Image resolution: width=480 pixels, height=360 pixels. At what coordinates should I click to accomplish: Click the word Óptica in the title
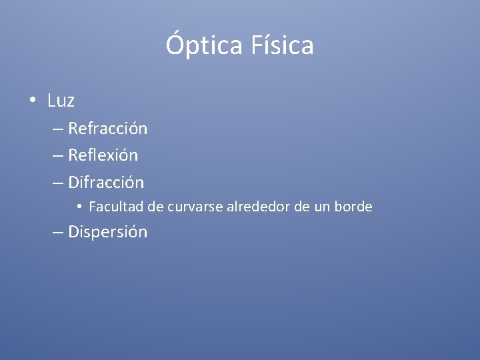205,46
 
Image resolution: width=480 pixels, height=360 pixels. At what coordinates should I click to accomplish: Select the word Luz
61,101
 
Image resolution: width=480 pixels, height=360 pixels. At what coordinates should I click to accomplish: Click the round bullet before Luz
32,101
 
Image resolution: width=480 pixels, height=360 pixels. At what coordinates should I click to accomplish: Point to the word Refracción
108,128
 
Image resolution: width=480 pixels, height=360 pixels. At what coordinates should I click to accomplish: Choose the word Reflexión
103,155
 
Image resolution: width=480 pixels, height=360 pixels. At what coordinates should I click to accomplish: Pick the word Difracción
106,182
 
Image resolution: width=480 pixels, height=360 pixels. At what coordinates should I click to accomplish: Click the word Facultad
116,207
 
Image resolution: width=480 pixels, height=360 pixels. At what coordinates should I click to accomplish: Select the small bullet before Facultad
79,207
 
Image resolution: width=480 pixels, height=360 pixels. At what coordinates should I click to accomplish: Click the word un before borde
322,207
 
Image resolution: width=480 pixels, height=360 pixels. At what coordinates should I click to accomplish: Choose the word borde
353,207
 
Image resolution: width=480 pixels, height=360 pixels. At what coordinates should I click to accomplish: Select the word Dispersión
108,232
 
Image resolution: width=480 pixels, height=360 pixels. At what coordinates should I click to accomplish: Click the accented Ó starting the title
174,45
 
